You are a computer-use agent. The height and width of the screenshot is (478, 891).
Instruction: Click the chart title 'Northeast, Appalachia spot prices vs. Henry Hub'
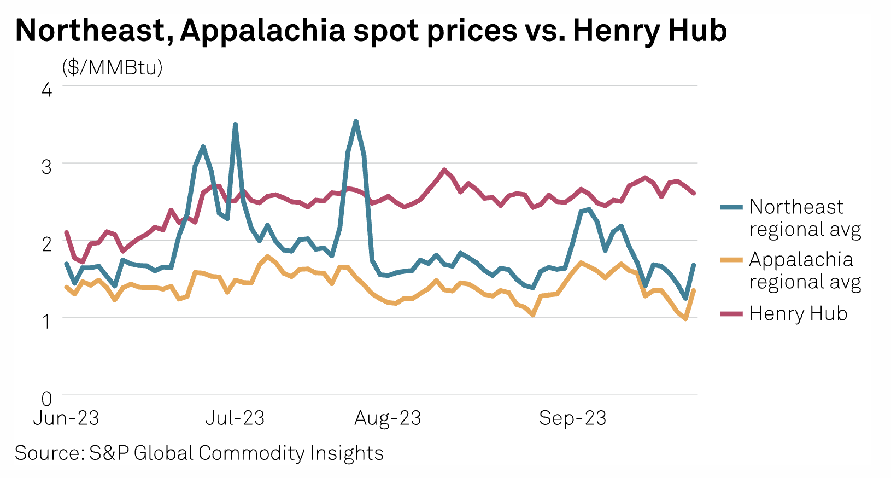point(371,31)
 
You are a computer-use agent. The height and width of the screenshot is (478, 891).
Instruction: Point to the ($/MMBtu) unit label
point(112,67)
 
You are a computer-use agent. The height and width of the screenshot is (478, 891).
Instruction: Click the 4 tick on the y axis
point(47,89)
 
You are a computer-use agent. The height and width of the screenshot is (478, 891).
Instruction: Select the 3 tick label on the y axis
point(47,167)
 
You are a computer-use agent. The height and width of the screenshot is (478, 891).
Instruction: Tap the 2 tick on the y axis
point(47,244)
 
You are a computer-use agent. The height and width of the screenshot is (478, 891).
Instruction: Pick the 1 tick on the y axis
point(47,321)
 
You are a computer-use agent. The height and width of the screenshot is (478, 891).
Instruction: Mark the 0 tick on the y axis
point(47,399)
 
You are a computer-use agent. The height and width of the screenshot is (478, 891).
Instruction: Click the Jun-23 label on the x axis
point(66,418)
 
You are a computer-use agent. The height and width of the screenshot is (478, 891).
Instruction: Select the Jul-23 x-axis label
point(235,418)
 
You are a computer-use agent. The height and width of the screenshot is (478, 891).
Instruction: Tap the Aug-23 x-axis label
point(388,418)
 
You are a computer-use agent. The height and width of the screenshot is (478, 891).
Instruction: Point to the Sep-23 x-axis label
point(572,418)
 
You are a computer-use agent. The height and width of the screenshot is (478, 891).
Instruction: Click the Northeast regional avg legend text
point(805,218)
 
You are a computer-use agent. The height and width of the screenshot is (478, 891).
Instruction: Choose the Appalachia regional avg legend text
point(805,270)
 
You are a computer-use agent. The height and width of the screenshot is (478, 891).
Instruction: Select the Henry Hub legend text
point(798,313)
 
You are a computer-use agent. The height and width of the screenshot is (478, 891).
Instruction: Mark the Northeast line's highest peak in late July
point(356,121)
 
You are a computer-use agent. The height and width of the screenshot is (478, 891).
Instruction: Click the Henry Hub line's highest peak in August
point(444,170)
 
